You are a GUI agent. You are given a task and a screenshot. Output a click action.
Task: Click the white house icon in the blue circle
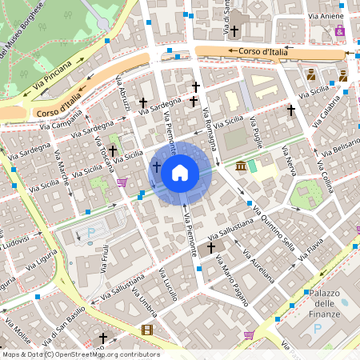tap(180, 172)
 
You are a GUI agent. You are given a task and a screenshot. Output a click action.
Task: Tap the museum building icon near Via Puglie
tap(242, 166)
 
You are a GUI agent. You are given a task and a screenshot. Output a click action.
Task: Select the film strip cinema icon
tap(146, 329)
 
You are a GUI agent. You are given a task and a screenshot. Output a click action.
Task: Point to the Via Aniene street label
tap(326, 15)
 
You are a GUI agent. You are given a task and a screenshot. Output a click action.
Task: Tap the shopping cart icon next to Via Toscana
tap(122, 182)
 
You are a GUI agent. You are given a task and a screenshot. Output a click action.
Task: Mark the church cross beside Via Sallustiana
tap(210, 248)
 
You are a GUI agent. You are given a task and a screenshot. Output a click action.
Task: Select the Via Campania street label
tap(59, 122)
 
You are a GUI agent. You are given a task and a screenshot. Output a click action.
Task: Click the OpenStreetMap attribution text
tap(80, 354)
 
